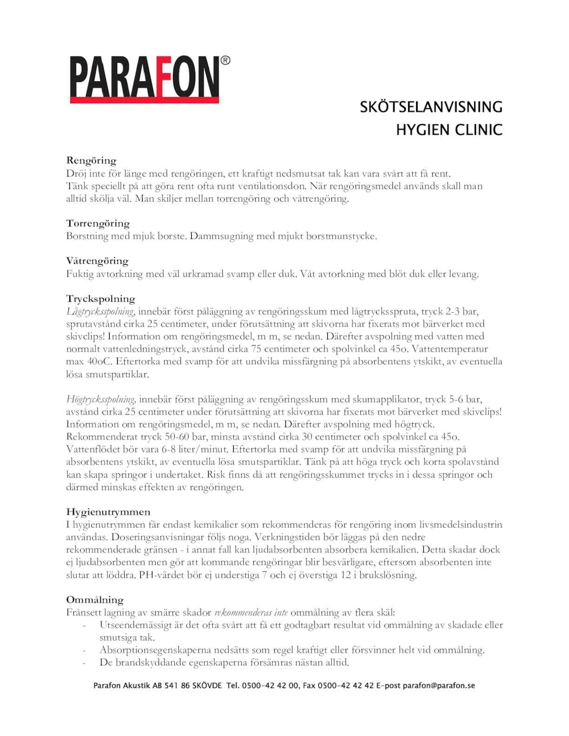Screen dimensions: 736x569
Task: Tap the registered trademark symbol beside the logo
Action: [225, 60]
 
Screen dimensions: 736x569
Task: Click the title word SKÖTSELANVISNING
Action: [431, 107]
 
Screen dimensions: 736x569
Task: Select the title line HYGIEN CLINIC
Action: [449, 130]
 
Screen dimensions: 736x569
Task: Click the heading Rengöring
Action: [91, 161]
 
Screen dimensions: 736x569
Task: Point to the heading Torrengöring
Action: [98, 223]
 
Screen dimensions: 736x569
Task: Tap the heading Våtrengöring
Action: [97, 261]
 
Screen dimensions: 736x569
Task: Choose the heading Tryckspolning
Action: [100, 299]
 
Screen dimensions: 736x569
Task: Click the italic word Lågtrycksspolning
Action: [100, 311]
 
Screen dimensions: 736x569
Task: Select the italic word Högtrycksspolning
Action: [100, 399]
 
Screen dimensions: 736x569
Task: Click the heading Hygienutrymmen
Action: [108, 512]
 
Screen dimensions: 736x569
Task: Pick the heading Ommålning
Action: [95, 600]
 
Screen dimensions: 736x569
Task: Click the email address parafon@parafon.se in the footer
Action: [439, 685]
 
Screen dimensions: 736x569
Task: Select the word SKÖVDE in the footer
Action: [207, 685]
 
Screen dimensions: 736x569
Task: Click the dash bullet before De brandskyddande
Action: [85, 663]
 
